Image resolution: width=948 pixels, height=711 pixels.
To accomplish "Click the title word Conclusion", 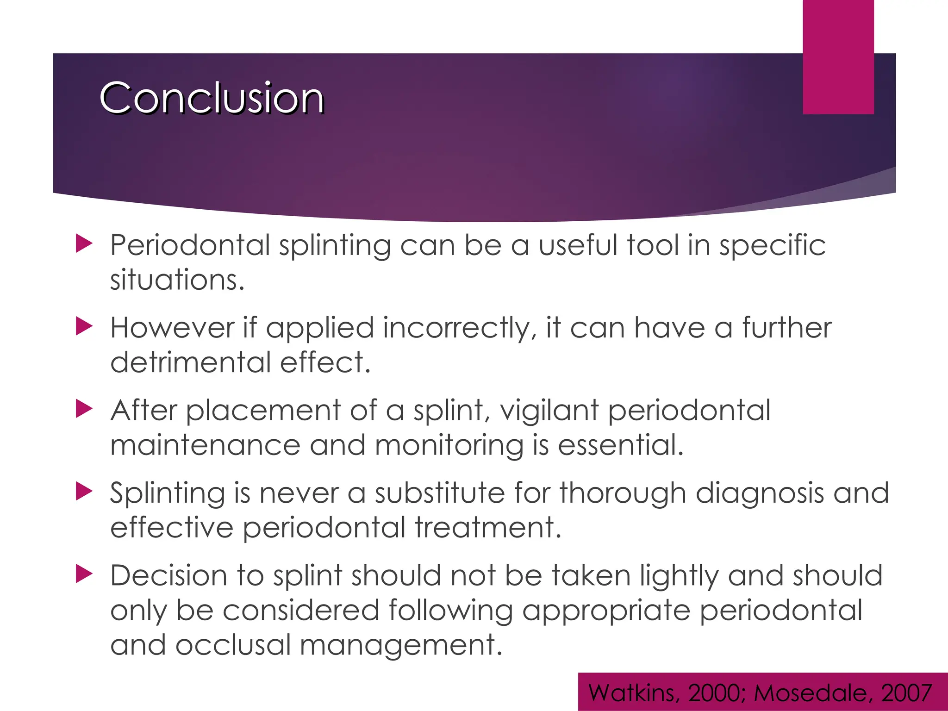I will click(212, 98).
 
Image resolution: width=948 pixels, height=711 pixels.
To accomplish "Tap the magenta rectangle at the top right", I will click(838, 56).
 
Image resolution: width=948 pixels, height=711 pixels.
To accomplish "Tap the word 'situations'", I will click(176, 280).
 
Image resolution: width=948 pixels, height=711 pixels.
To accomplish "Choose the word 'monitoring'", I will click(449, 445).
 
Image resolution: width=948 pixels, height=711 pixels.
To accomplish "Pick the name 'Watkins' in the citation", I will click(634, 693).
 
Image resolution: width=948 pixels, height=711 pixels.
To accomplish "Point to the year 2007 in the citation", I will click(906, 693).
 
